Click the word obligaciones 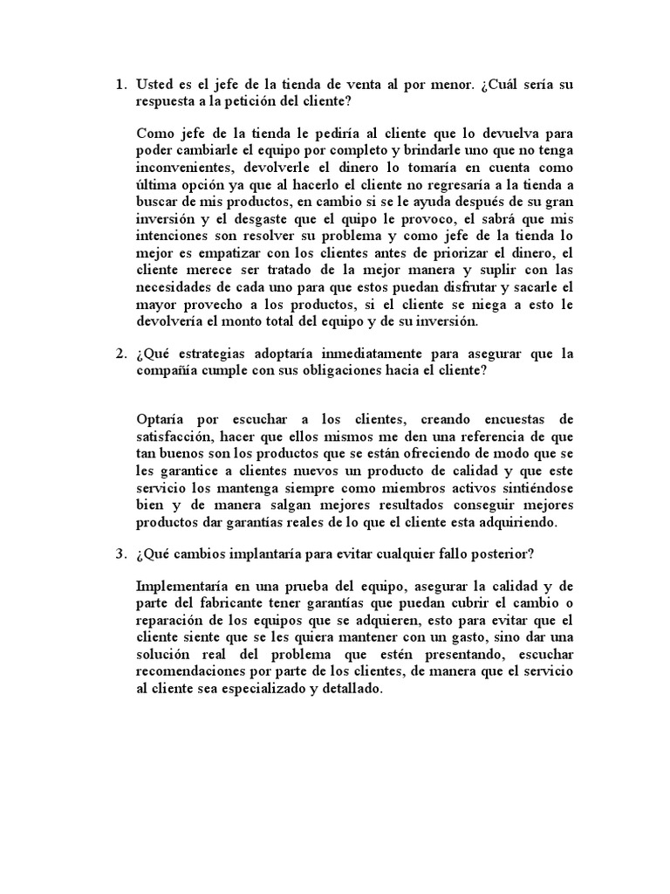[x=346, y=369]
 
